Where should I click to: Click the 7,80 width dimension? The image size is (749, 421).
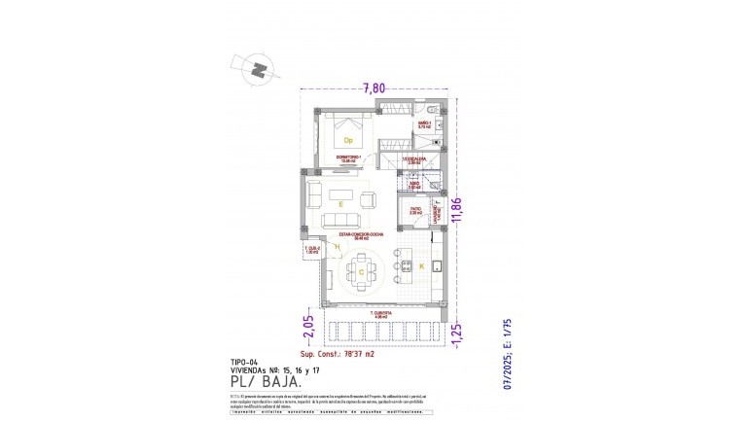(374, 88)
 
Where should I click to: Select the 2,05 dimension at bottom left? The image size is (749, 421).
(308, 328)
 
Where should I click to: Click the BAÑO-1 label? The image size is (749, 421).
(424, 124)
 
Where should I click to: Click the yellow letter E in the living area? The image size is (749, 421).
(339, 206)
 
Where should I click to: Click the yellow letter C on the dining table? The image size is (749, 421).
(362, 273)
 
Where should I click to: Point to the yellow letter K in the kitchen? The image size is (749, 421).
(421, 265)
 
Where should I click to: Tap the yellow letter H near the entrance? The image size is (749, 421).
(337, 248)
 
